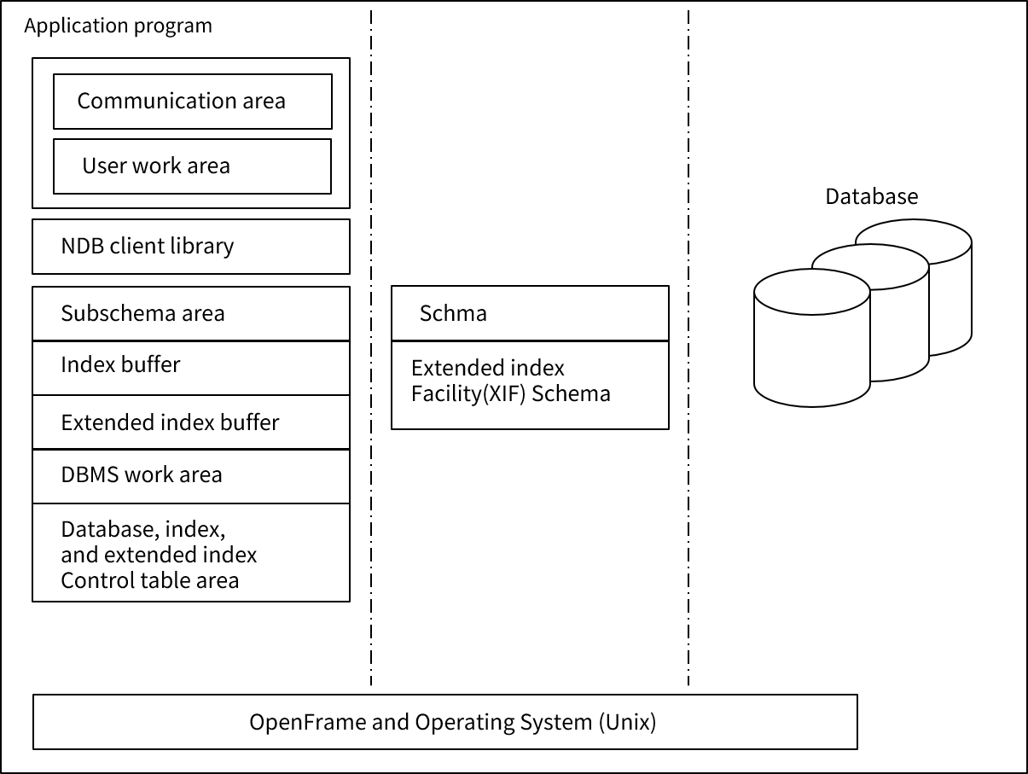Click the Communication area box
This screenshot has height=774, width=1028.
pyautogui.click(x=192, y=101)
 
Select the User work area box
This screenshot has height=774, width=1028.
pyautogui.click(x=192, y=166)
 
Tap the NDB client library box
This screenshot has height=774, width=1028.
pyautogui.click(x=191, y=246)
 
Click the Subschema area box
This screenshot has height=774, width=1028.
pyautogui.click(x=191, y=313)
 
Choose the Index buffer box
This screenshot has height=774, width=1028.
pyautogui.click(x=191, y=367)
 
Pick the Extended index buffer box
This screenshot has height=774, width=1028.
pyautogui.click(x=191, y=422)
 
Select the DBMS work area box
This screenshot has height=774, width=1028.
pyautogui.click(x=191, y=475)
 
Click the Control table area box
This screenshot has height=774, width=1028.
pyautogui.click(x=191, y=552)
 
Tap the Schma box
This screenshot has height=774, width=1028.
pyautogui.click(x=530, y=313)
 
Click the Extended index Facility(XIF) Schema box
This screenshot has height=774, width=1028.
pyautogui.click(x=530, y=384)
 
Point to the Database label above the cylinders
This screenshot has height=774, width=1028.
pyautogui.click(x=871, y=196)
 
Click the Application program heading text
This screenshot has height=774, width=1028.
pyautogui.click(x=118, y=26)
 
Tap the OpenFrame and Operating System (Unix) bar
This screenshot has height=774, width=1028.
pyautogui.click(x=444, y=722)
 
